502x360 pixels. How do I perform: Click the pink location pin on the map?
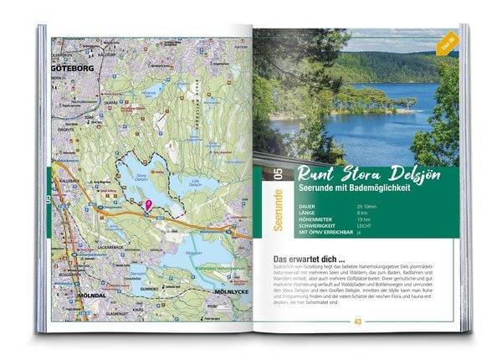pyautogui.click(x=149, y=203)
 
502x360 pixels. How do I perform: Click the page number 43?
pyautogui.click(x=357, y=321)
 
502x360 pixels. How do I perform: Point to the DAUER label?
pyautogui.click(x=283, y=206)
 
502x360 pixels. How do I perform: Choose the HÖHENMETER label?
pyautogui.click(x=289, y=222)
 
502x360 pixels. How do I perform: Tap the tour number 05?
pyautogui.click(x=265, y=174)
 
